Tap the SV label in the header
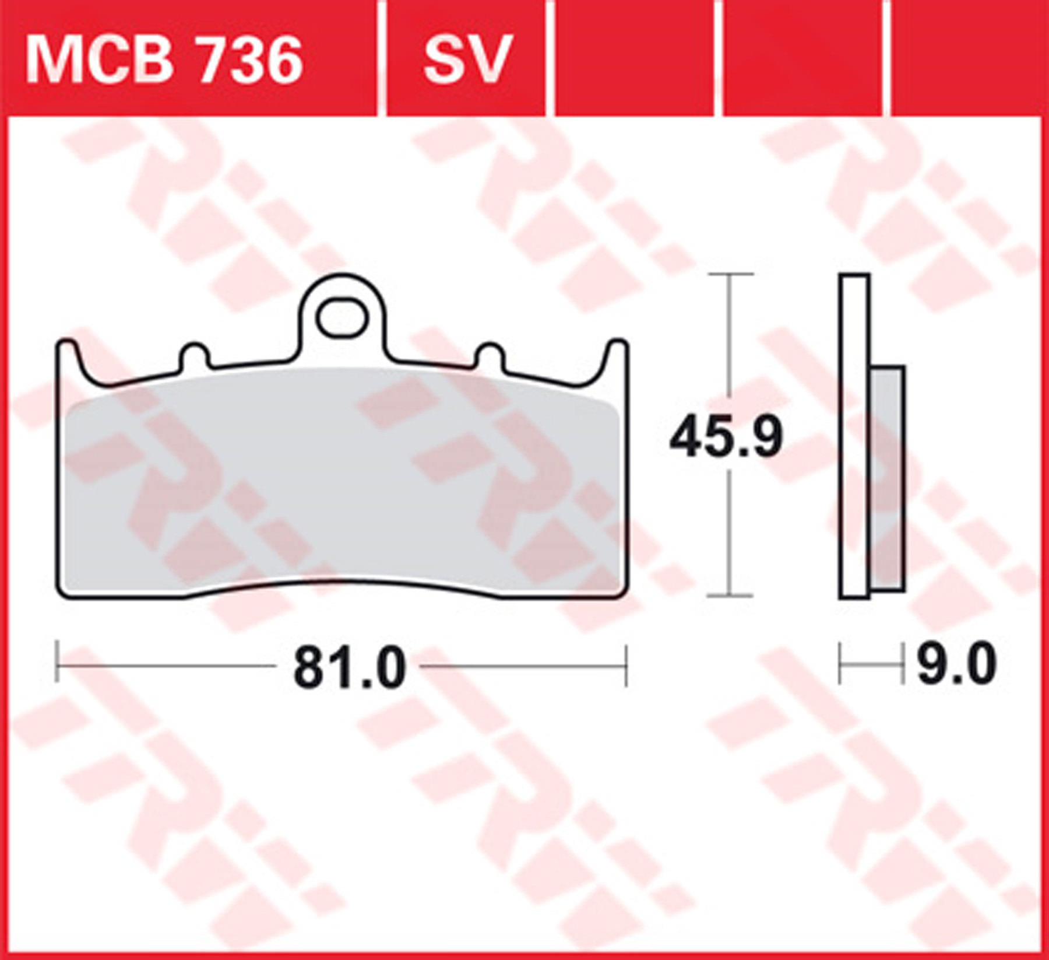point(467,58)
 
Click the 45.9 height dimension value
point(726,437)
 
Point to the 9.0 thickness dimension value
point(956,665)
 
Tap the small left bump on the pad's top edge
point(194,356)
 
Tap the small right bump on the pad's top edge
point(491,356)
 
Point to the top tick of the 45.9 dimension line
point(730,274)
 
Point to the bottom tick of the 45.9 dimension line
point(730,596)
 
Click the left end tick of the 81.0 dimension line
point(57,665)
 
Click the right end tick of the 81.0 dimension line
point(626,665)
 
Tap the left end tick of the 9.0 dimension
point(840,664)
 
